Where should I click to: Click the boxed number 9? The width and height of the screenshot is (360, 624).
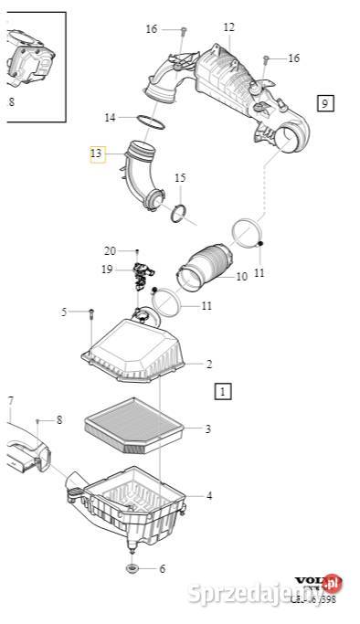(325, 102)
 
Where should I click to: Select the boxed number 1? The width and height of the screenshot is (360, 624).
(223, 392)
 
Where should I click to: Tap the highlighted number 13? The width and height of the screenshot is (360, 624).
(97, 155)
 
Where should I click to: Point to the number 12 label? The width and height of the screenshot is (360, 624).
(228, 27)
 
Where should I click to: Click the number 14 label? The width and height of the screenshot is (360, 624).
(110, 117)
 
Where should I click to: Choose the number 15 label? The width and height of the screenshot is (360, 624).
(180, 177)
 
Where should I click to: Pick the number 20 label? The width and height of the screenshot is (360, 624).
(110, 250)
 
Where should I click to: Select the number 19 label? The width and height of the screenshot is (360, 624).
(107, 270)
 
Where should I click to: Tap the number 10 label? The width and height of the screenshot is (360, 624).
(241, 276)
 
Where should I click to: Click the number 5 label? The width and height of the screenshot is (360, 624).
(64, 312)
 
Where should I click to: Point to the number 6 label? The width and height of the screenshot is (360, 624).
(162, 568)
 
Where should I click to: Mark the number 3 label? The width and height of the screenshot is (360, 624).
(207, 428)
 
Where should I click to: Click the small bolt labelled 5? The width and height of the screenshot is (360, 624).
(92, 316)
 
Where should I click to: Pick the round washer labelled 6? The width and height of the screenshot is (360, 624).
(132, 569)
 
